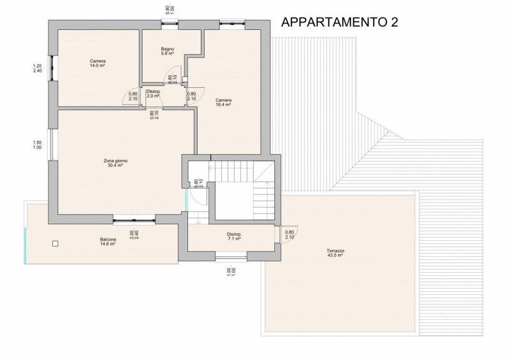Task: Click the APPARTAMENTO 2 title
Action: pos(340,22)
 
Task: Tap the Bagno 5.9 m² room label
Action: pos(168,51)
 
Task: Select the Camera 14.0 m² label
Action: pos(98,63)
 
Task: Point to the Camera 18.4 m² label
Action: pos(224,103)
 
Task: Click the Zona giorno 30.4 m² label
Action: pos(115,163)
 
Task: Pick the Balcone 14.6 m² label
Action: pos(108,241)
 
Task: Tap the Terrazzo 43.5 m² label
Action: pos(335,253)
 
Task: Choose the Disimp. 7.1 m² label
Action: pos(234,236)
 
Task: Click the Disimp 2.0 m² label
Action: pos(153,94)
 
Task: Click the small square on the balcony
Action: pos(55,243)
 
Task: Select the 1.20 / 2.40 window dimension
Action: pos(38,68)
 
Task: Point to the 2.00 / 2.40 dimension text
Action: pos(134,235)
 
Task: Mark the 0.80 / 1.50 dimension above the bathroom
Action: pos(170,10)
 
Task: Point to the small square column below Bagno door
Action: pos(185,79)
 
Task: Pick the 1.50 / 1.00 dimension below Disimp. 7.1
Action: pos(231,271)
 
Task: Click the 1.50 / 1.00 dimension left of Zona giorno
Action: pos(38,145)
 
